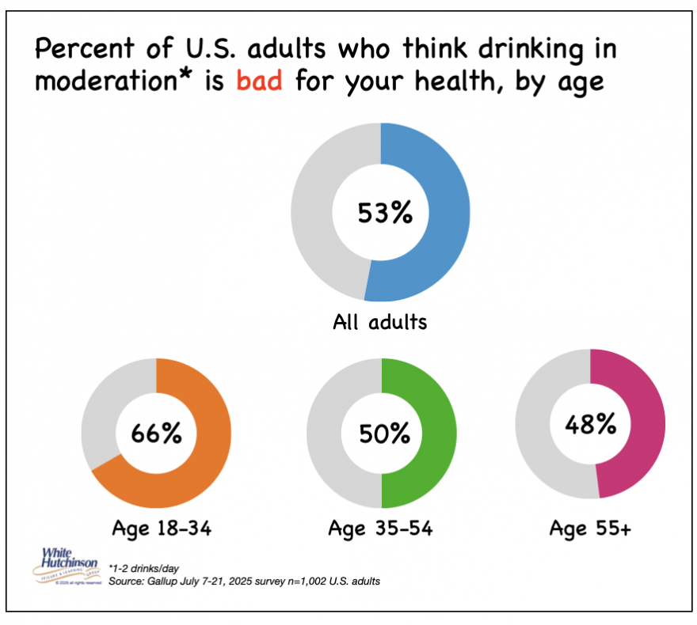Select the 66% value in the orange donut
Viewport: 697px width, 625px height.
click(x=157, y=433)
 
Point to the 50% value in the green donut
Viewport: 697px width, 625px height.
click(x=382, y=434)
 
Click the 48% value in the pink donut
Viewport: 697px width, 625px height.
click(x=590, y=424)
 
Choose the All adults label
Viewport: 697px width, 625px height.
click(x=381, y=323)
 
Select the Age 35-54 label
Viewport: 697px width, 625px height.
click(x=381, y=529)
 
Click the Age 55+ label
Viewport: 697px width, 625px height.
click(x=591, y=529)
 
